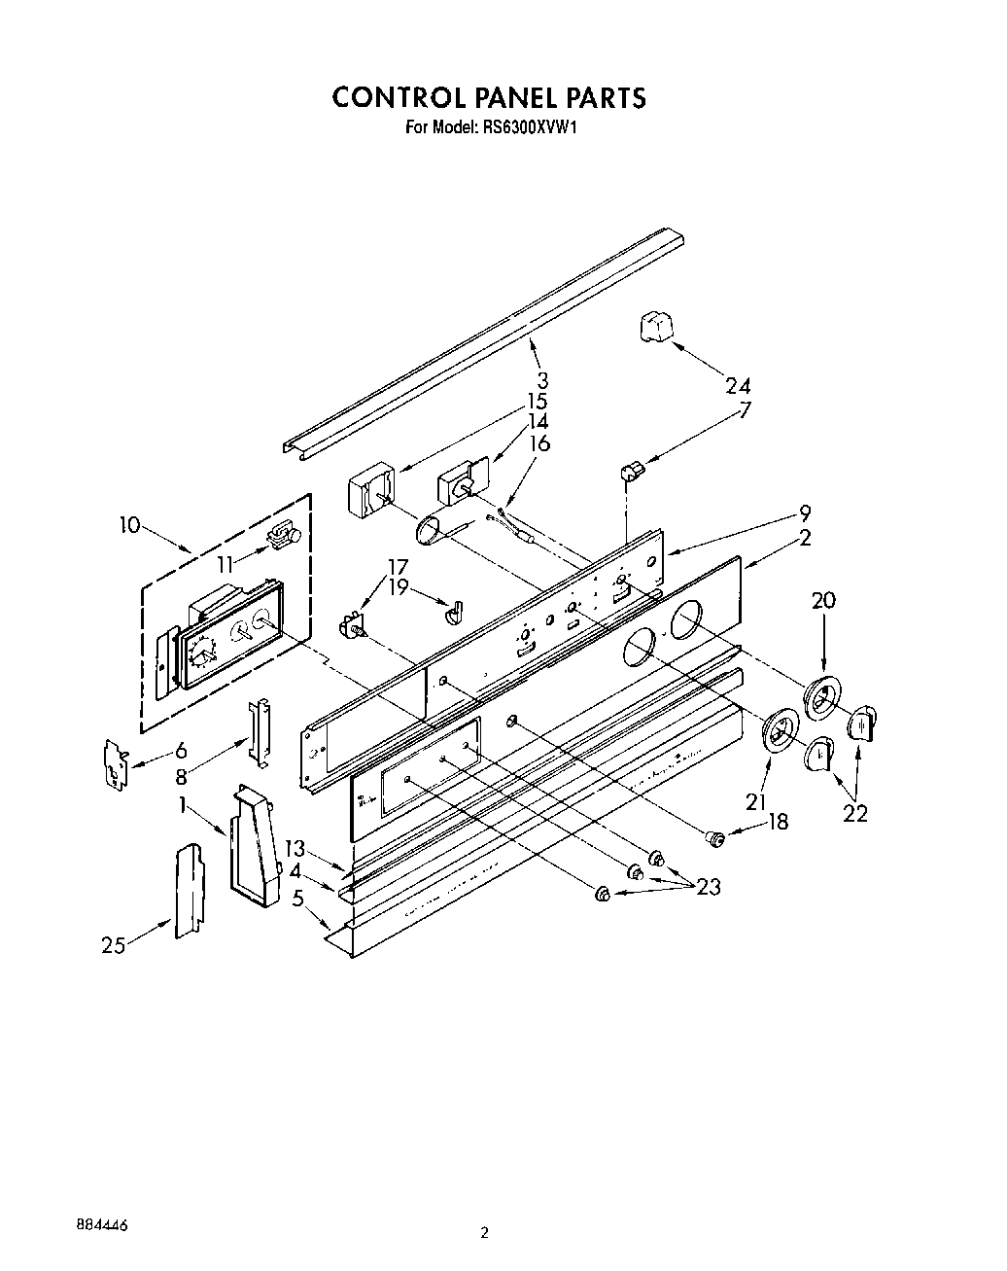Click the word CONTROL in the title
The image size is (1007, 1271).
point(398,97)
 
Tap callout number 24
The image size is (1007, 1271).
point(737,385)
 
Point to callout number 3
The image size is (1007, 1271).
point(542,379)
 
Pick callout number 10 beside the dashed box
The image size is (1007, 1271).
point(129,526)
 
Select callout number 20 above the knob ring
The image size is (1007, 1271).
point(822,601)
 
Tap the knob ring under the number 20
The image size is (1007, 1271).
point(822,698)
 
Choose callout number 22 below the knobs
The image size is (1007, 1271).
point(854,813)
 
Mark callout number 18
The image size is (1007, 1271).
point(778,822)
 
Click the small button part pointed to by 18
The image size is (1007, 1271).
point(716,833)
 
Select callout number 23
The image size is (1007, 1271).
point(708,887)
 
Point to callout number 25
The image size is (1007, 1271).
point(114,943)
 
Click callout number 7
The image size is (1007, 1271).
point(745,409)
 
